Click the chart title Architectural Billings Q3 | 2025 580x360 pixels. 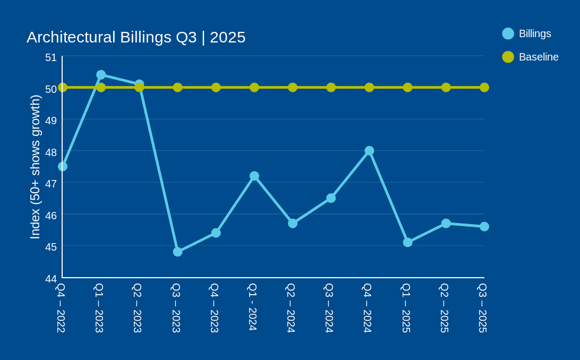click(x=136, y=37)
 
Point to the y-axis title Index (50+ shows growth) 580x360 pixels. click(x=35, y=167)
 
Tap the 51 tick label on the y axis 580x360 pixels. click(x=51, y=57)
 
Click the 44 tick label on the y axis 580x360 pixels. click(x=51, y=279)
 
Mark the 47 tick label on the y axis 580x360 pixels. click(x=51, y=184)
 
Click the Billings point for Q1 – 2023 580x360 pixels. click(x=101, y=75)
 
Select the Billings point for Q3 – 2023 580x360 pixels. click(x=177, y=252)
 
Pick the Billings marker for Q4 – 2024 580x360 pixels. click(x=369, y=151)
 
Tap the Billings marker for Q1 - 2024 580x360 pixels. click(x=254, y=176)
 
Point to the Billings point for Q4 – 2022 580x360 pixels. click(x=63, y=166)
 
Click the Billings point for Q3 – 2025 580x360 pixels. click(x=484, y=227)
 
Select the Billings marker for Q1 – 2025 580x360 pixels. click(x=407, y=242)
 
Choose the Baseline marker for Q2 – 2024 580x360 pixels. click(x=293, y=88)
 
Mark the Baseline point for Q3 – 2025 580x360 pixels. click(x=484, y=88)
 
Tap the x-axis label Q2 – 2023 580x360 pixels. click(x=137, y=308)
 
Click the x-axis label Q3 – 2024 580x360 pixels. click(x=329, y=308)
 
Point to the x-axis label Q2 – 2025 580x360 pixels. click(x=444, y=308)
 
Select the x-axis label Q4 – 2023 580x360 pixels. click(x=214, y=308)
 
